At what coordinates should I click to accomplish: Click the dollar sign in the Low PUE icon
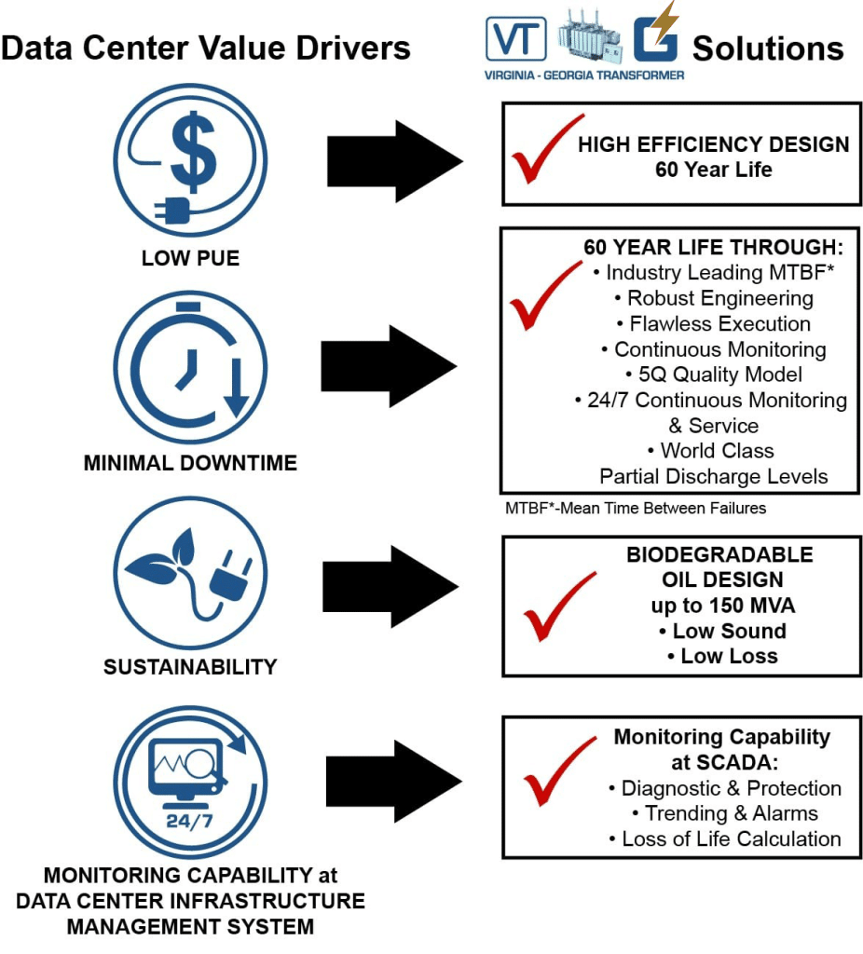click(195, 149)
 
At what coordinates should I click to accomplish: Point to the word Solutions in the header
click(768, 48)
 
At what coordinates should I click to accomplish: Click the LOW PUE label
click(190, 258)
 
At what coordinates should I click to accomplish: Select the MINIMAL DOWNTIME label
click(190, 462)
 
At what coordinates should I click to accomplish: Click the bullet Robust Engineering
click(713, 298)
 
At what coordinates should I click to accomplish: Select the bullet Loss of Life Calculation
click(731, 838)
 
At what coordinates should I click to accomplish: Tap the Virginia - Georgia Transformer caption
click(584, 75)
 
